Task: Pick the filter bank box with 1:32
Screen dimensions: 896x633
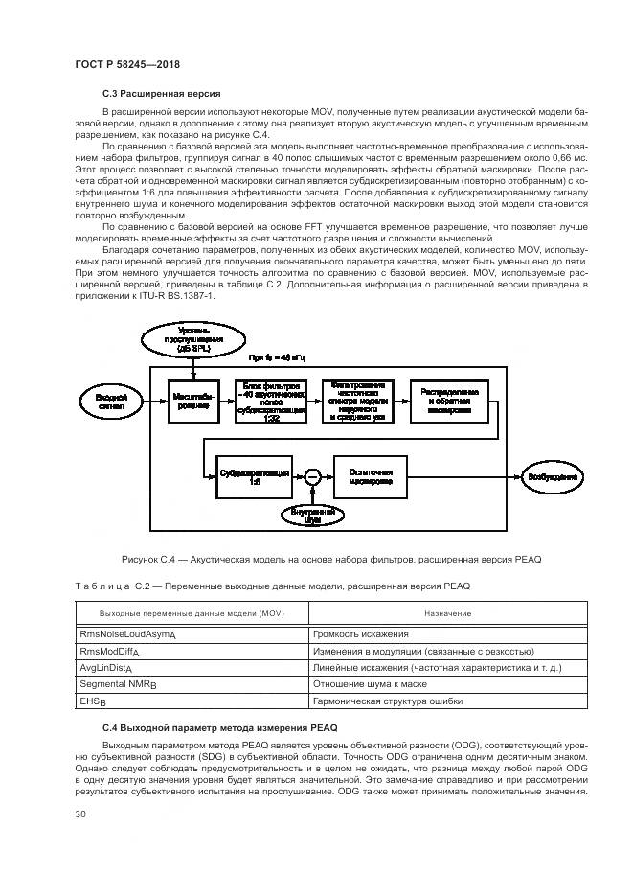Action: pos(271,400)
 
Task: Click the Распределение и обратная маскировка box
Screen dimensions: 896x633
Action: pos(449,400)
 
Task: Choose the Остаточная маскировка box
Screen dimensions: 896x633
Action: pos(369,476)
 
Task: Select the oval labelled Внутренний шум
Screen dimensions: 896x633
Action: pos(308,516)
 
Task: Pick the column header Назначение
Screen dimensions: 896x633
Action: pos(441,612)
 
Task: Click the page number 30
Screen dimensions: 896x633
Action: pos(80,814)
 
